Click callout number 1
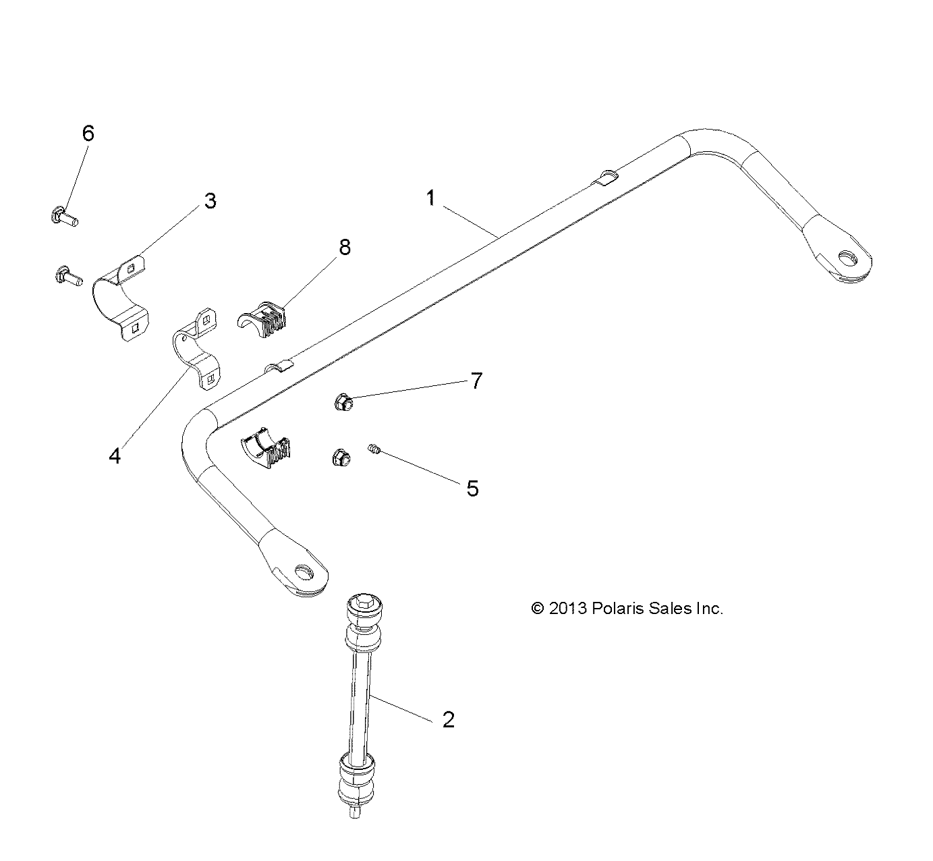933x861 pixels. [x=430, y=198]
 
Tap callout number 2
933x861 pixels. [x=449, y=719]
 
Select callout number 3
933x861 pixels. [x=210, y=200]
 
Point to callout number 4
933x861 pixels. [x=115, y=456]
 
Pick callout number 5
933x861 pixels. [x=472, y=488]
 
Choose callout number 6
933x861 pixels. [x=88, y=133]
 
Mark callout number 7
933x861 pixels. [x=476, y=381]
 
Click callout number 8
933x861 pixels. [x=345, y=248]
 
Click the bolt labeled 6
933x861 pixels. [x=64, y=217]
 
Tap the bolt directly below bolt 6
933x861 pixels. [x=66, y=275]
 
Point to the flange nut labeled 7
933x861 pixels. [x=343, y=404]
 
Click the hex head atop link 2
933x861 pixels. [x=364, y=602]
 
